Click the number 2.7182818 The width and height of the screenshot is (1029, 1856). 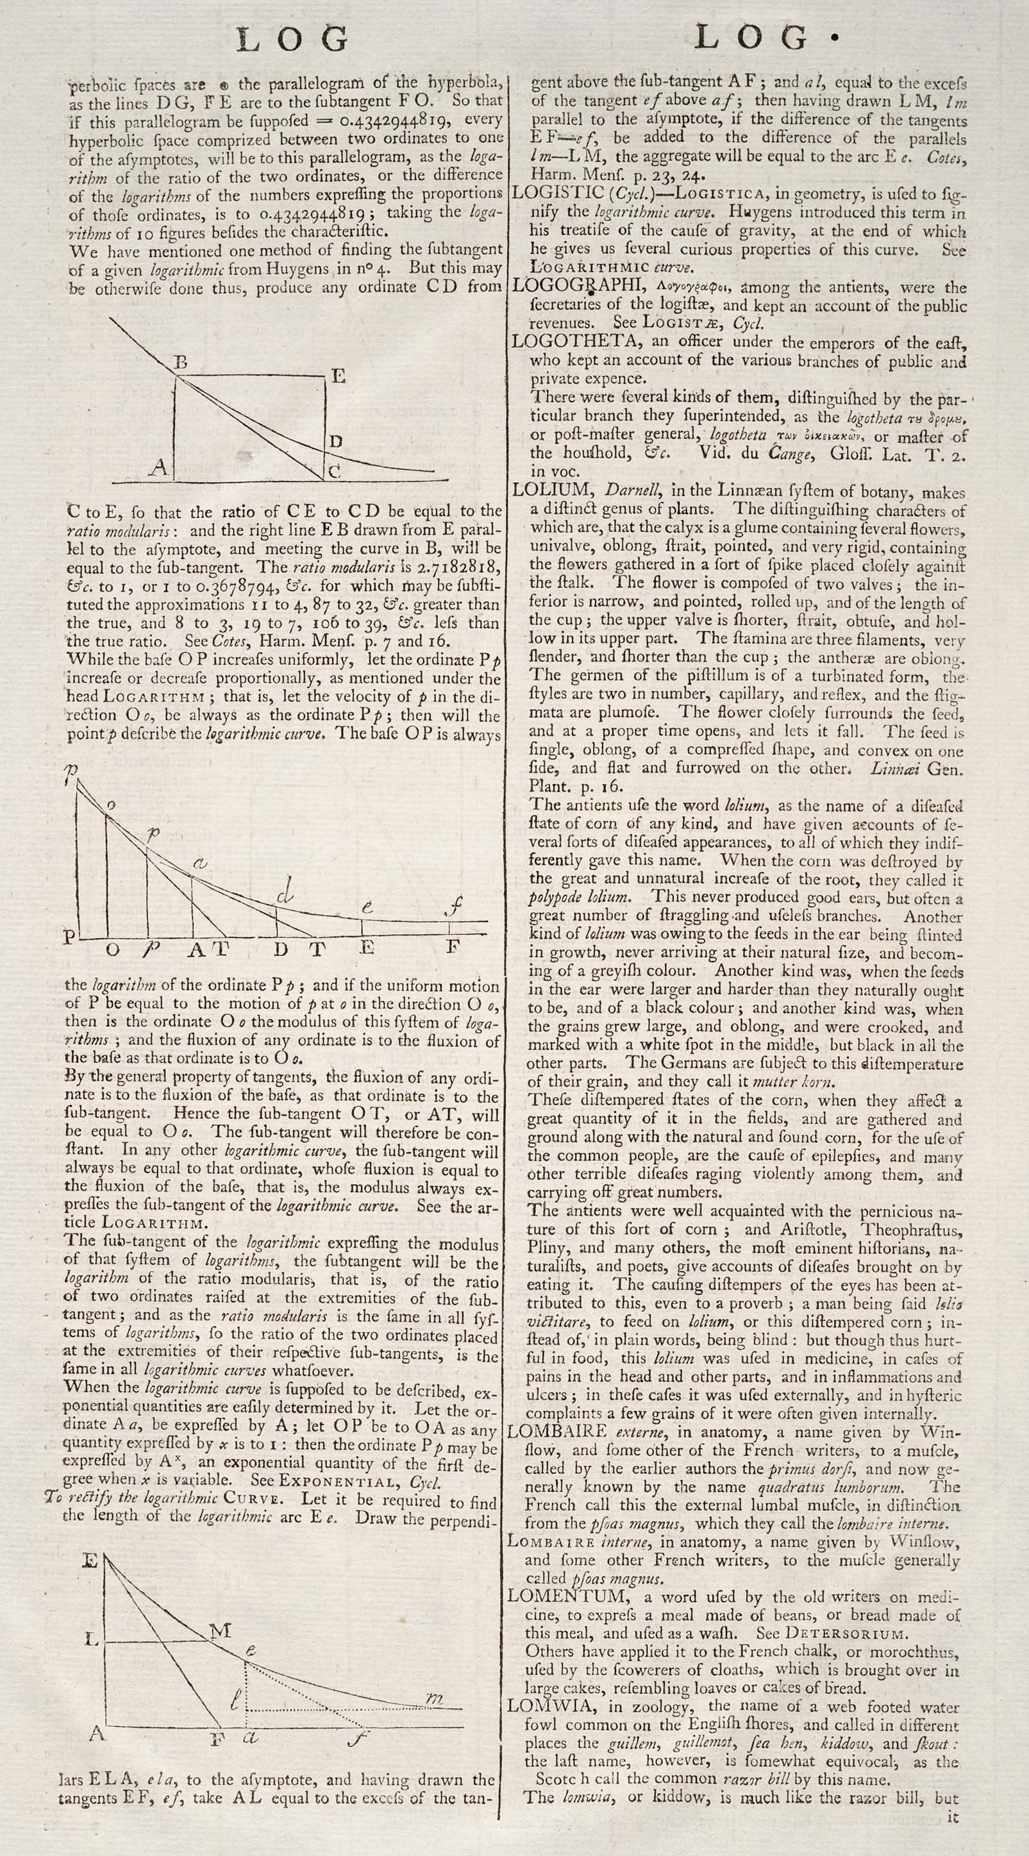(457, 566)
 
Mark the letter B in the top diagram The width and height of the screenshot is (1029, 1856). (181, 362)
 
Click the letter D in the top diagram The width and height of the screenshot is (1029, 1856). (335, 441)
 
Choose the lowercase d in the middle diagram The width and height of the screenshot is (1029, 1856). (285, 894)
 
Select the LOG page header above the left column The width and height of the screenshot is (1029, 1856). (292, 39)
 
